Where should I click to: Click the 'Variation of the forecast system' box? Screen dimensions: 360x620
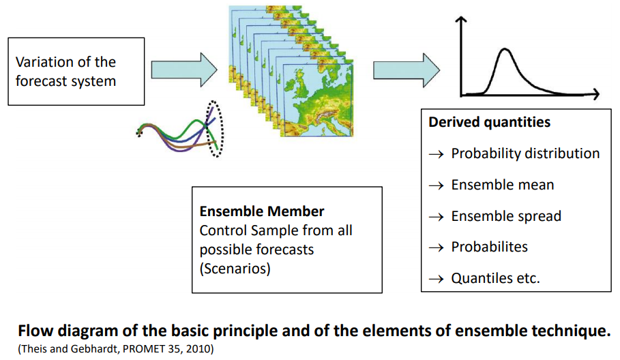(x=76, y=72)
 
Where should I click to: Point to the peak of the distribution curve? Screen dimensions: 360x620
(x=505, y=49)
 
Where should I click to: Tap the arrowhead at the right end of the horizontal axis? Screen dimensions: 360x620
(x=595, y=93)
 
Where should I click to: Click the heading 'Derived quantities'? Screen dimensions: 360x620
(x=489, y=123)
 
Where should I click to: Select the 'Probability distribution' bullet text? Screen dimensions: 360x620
(x=525, y=153)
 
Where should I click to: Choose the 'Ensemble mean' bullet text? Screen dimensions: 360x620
(x=502, y=185)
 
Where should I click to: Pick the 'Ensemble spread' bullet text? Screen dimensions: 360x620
(x=506, y=216)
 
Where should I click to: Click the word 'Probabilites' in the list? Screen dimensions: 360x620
(x=489, y=247)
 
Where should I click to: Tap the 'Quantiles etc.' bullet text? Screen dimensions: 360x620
(x=495, y=278)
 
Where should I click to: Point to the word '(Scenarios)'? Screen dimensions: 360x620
(x=235, y=268)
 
